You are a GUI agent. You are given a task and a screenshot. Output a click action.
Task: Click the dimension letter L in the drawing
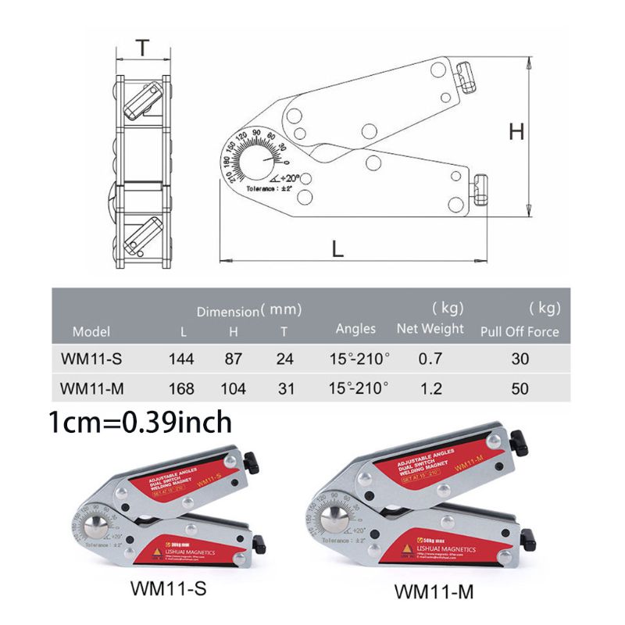pos(337,248)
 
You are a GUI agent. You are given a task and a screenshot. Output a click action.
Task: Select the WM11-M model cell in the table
pos(91,387)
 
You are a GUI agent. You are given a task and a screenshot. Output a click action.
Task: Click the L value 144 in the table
pos(181,359)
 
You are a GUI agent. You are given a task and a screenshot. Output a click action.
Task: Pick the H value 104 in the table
pos(233,387)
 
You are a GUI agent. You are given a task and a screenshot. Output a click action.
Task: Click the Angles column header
pos(355,329)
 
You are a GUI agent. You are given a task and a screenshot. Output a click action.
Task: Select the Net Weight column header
pos(430,329)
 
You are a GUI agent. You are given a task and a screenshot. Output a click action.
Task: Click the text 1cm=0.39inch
pos(140,423)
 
